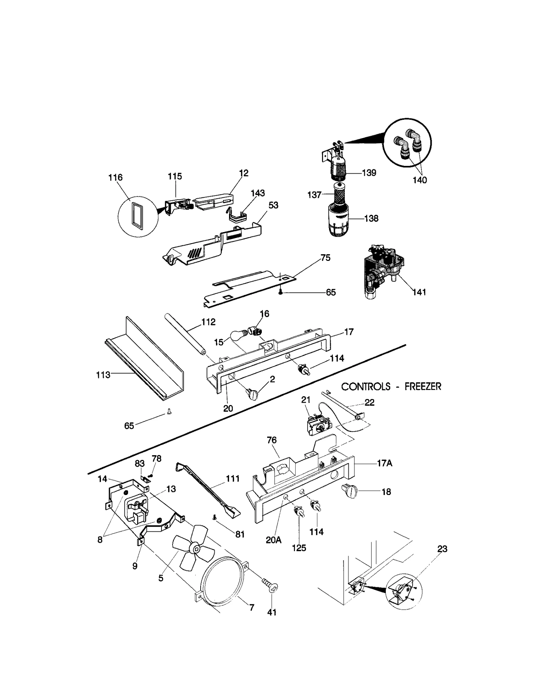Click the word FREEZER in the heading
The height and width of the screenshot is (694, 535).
(x=423, y=387)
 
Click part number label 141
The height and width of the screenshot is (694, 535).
(x=419, y=292)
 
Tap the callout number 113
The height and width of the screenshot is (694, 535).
(x=103, y=375)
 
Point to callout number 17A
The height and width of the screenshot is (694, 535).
(x=384, y=463)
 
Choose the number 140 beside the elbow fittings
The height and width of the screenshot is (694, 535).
(x=420, y=180)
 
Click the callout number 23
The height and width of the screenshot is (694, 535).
(x=442, y=549)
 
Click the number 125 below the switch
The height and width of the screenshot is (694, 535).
(x=299, y=548)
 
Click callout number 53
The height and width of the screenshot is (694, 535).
(x=273, y=205)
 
